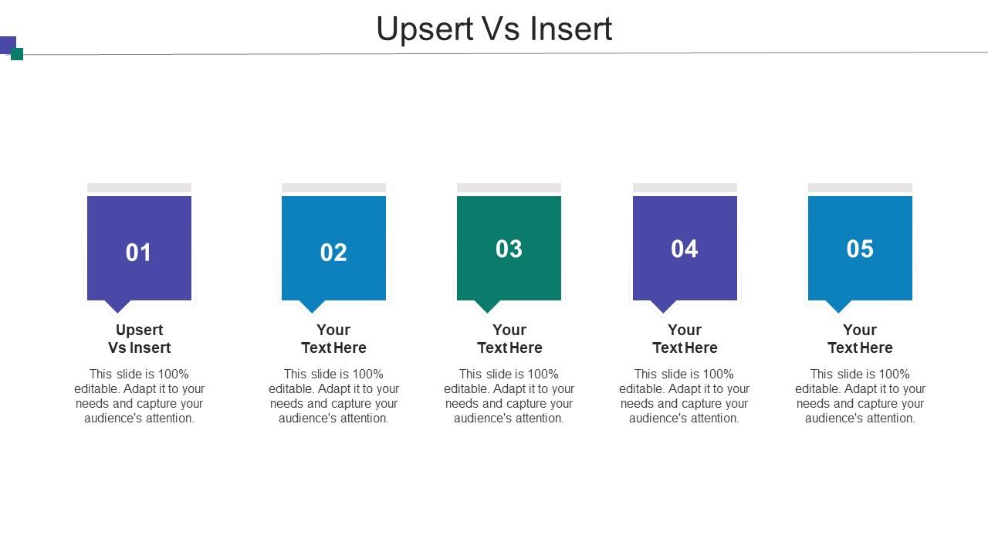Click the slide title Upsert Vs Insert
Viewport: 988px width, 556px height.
(x=494, y=29)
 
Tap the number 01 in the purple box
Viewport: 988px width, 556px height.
(x=139, y=253)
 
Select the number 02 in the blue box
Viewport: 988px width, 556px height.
(x=333, y=253)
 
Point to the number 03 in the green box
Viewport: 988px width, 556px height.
(x=509, y=249)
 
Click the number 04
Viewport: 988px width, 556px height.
(x=685, y=249)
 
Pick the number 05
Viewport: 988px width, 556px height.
(x=860, y=249)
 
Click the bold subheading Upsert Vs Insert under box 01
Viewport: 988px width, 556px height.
(x=139, y=339)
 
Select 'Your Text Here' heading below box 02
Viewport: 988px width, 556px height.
(x=333, y=339)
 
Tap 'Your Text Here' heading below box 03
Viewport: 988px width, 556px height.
(x=509, y=339)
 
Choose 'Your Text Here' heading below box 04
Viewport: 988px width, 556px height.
(x=685, y=339)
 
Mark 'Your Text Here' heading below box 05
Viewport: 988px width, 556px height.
(x=860, y=339)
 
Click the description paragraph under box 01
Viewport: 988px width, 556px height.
(x=139, y=396)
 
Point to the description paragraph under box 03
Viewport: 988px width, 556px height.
(x=509, y=396)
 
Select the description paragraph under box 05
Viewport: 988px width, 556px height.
(x=860, y=396)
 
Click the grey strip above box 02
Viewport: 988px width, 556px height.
(x=333, y=188)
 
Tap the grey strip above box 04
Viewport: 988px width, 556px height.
(x=685, y=188)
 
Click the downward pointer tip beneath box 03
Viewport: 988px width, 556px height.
(x=487, y=308)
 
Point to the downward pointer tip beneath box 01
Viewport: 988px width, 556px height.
(x=117, y=308)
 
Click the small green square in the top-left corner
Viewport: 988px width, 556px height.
(x=17, y=54)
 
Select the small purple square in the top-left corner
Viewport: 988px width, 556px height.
(x=7, y=44)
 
